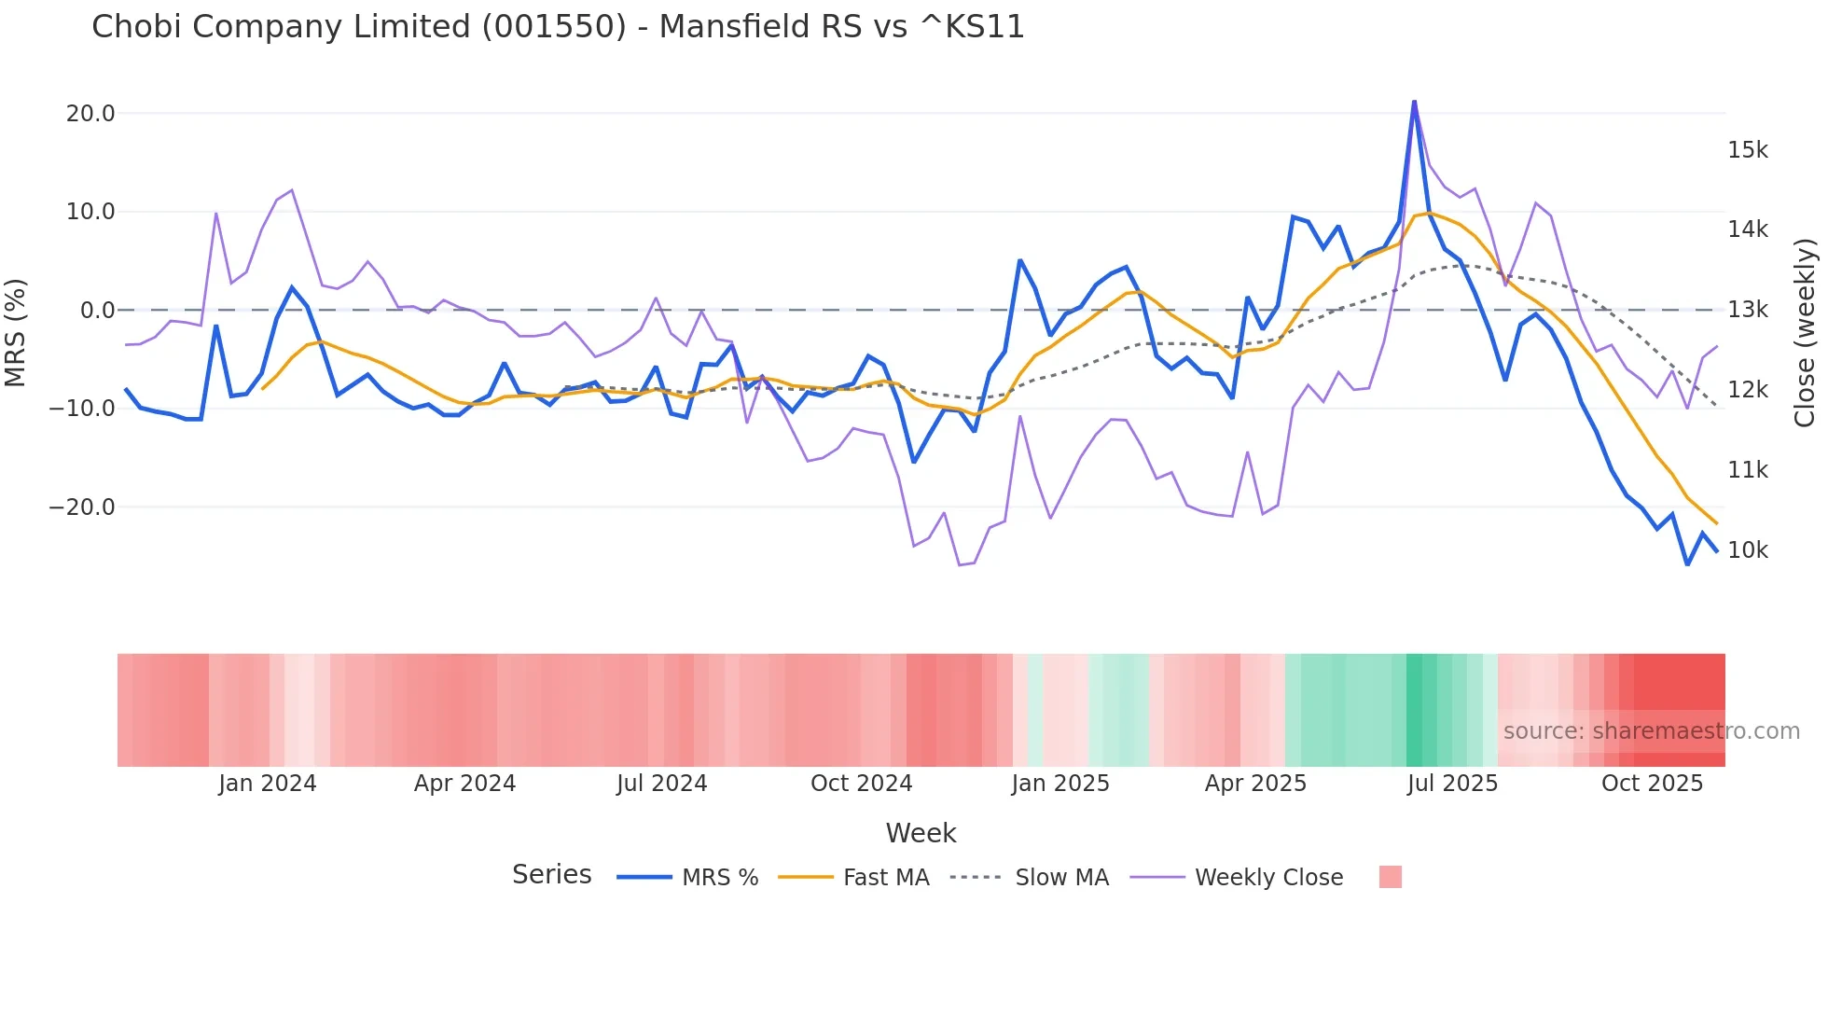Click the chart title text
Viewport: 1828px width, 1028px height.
click(x=558, y=27)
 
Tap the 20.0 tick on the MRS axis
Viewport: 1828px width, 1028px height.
click(x=90, y=114)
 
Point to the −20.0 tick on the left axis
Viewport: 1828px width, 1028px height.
click(x=82, y=507)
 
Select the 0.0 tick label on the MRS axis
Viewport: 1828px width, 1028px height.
click(x=98, y=311)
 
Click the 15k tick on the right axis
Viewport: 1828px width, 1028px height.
click(x=1747, y=150)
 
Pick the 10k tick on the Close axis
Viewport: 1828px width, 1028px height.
click(x=1747, y=550)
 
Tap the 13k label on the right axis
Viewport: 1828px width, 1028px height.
click(x=1747, y=310)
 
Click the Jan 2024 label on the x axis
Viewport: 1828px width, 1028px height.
click(x=268, y=784)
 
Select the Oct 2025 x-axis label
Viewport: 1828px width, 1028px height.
click(x=1652, y=784)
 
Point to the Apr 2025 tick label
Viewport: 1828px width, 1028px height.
click(x=1255, y=784)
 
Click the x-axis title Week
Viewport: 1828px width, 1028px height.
click(x=921, y=833)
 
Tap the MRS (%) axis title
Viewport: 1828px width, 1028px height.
click(x=16, y=333)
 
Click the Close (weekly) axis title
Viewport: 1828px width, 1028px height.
click(x=1805, y=333)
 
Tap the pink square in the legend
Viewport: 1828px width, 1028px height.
click(x=1390, y=877)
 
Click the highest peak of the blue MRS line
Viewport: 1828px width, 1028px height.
click(x=1414, y=101)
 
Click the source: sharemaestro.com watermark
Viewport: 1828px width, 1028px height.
click(x=1651, y=731)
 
